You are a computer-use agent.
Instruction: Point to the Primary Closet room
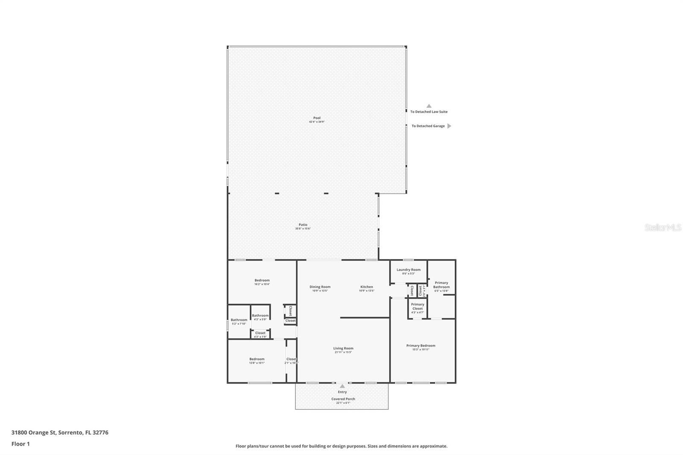click(x=417, y=308)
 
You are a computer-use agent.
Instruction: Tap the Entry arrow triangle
click(x=342, y=386)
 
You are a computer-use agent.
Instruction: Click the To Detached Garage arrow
click(x=449, y=126)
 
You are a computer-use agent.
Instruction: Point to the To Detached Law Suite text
click(x=429, y=112)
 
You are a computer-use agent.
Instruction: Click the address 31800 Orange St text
click(x=60, y=432)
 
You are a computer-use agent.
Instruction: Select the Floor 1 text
click(x=20, y=444)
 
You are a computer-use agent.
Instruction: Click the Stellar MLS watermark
click(x=663, y=228)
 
